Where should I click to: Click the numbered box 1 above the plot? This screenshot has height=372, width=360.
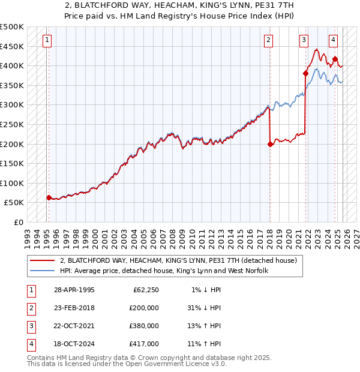tap(47, 40)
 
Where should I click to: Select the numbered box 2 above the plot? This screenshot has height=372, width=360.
tap(268, 40)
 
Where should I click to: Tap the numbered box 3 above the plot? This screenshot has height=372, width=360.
tap(304, 40)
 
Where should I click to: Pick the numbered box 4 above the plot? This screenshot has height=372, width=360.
tap(333, 40)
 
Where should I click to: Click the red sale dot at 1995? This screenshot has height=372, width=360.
tap(49, 197)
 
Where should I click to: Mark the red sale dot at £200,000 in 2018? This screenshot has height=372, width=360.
tap(270, 144)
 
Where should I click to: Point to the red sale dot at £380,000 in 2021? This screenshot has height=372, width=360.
tap(305, 74)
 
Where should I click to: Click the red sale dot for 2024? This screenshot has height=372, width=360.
tap(335, 59)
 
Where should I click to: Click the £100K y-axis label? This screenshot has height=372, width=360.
tap(13, 183)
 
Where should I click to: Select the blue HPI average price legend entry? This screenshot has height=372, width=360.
tap(163, 271)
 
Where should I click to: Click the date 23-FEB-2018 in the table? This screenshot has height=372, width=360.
tap(74, 307)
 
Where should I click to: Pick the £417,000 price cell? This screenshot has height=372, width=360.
tap(144, 344)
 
